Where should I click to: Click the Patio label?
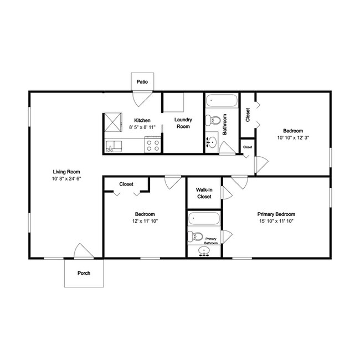[x=142, y=82]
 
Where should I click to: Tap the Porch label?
[x=84, y=273]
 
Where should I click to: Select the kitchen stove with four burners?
[x=153, y=145]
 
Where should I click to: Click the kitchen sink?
[x=114, y=146]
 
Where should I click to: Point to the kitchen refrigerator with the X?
[x=113, y=122]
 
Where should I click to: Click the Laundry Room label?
[x=183, y=123]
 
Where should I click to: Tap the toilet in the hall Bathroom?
[x=213, y=120]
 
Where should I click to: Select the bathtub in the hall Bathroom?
[x=222, y=101]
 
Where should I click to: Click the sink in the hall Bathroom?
[x=212, y=142]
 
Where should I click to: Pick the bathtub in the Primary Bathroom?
[x=204, y=218]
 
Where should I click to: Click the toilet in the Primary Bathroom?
[x=196, y=236]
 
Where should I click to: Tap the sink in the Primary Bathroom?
[x=204, y=251]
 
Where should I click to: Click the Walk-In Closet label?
[x=204, y=193]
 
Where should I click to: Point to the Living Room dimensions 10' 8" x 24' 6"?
[x=66, y=179]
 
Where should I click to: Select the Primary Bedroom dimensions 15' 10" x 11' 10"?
[x=276, y=221]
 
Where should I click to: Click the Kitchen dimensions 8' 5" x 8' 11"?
[x=142, y=127]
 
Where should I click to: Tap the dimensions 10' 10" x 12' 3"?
[x=293, y=138]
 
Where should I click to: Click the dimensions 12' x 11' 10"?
[x=145, y=221]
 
